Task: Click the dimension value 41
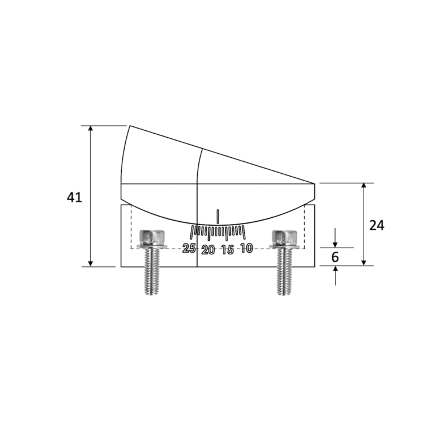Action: click(x=74, y=198)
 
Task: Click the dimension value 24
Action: click(x=377, y=225)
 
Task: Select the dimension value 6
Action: click(x=336, y=257)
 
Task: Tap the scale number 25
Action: click(x=189, y=249)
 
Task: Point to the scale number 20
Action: click(x=209, y=250)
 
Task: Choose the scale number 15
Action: click(x=228, y=250)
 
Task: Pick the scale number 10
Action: click(x=246, y=248)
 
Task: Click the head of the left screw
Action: click(x=152, y=237)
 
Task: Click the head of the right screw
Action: click(x=285, y=237)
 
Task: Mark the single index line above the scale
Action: click(x=218, y=216)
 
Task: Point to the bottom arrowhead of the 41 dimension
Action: click(x=90, y=263)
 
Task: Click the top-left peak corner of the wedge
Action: click(x=130, y=126)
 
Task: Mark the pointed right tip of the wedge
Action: click(x=315, y=183)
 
